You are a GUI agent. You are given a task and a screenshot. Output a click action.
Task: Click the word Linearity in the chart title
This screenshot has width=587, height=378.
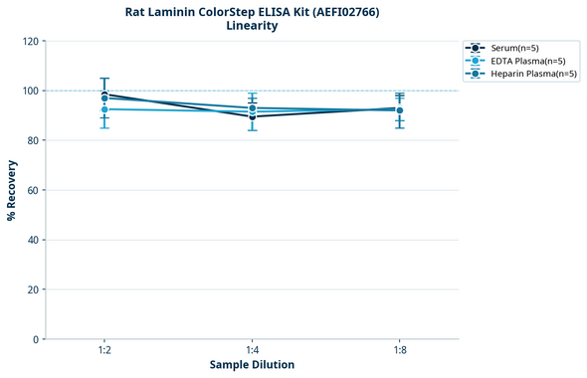(252, 26)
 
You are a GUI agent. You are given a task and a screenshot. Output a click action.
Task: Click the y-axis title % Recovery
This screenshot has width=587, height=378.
(12, 189)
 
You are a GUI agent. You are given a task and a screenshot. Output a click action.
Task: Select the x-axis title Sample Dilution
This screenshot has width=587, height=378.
(252, 365)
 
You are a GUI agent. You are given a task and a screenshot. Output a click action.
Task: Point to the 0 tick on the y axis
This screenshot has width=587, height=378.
(36, 339)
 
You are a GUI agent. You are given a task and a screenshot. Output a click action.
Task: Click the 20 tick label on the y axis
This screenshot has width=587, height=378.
(33, 289)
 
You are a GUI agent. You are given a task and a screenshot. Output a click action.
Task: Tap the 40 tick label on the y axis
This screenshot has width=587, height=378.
(33, 240)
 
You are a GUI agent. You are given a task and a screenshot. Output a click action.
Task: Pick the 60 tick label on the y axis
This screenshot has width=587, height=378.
(33, 190)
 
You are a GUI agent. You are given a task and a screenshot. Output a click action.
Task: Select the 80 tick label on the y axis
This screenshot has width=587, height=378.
(33, 140)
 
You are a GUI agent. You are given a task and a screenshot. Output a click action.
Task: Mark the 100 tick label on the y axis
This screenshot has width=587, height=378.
(30, 91)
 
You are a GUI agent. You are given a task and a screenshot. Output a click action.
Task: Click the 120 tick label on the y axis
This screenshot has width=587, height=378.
(30, 41)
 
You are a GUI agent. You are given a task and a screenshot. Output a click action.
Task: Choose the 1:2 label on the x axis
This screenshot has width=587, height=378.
(104, 351)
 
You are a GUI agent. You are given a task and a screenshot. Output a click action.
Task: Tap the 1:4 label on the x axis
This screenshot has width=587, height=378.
(252, 351)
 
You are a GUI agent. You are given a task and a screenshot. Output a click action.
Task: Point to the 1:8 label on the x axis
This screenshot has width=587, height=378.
(399, 351)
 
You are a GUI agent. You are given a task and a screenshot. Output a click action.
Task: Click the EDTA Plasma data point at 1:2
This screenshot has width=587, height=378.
(104, 108)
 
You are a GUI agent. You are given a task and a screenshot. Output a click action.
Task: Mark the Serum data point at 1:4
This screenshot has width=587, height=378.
(252, 116)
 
